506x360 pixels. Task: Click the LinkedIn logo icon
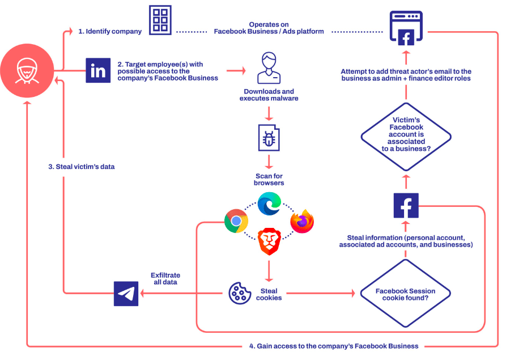point(98,70)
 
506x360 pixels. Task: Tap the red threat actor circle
point(27,71)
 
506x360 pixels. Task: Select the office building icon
point(160,20)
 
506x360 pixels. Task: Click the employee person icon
point(269,68)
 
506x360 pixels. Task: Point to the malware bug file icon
point(269,138)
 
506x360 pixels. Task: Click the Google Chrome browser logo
point(236,221)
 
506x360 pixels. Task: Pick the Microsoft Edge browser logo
point(270,204)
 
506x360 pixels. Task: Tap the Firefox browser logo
point(302,221)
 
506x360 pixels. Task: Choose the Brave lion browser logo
point(270,241)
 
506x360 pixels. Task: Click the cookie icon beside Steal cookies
point(240,293)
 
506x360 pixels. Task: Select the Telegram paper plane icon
point(126,294)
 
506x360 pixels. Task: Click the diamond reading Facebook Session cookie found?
point(405,294)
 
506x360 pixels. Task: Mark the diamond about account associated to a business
point(406,137)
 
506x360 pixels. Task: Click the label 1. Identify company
point(110,31)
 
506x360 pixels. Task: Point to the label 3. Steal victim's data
point(82,167)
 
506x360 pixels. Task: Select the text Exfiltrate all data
point(165,278)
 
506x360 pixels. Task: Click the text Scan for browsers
point(269,180)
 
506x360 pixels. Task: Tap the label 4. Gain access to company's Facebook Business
point(334,346)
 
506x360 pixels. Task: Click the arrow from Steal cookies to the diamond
point(321,293)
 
